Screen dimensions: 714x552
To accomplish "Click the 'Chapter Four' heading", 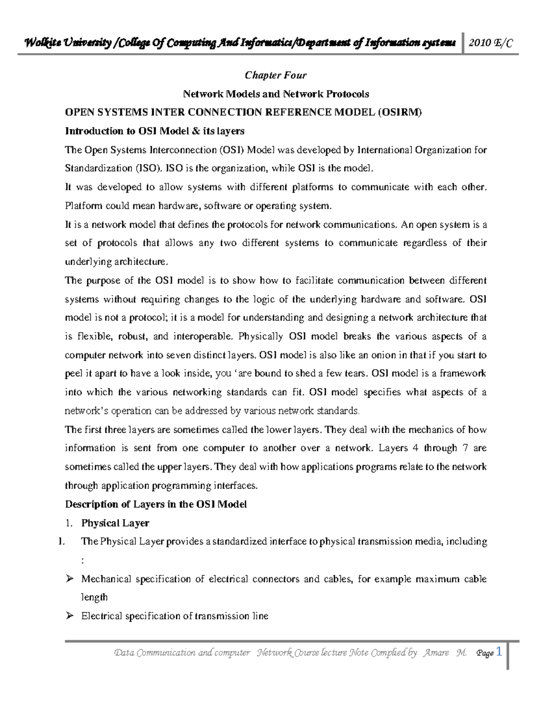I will pyautogui.click(x=275, y=75).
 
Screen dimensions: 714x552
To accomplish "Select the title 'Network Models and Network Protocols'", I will pyautogui.click(x=276, y=94).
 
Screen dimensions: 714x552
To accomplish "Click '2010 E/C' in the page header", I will pyautogui.click(x=490, y=43).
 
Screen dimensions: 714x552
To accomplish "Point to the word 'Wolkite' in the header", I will pyautogui.click(x=42, y=43).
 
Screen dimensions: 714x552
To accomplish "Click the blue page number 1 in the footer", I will pyautogui.click(x=499, y=651).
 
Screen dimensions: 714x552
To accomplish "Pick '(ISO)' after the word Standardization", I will pyautogui.click(x=149, y=168).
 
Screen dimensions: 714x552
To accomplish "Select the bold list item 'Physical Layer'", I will pyautogui.click(x=115, y=523).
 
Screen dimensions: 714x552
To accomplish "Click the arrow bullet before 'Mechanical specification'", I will pyautogui.click(x=69, y=579).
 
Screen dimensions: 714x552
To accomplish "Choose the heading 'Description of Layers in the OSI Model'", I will pyautogui.click(x=155, y=504).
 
